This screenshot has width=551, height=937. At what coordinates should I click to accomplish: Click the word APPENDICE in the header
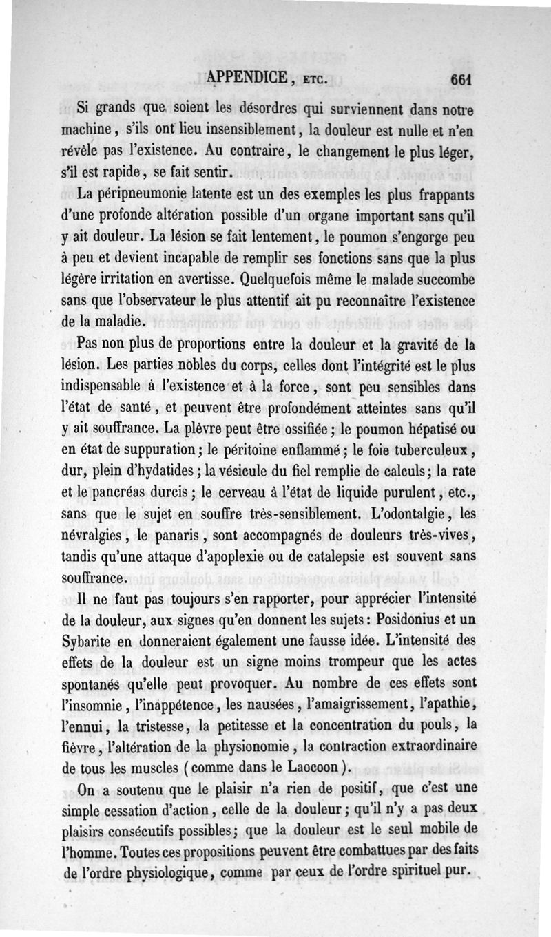click(246, 78)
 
